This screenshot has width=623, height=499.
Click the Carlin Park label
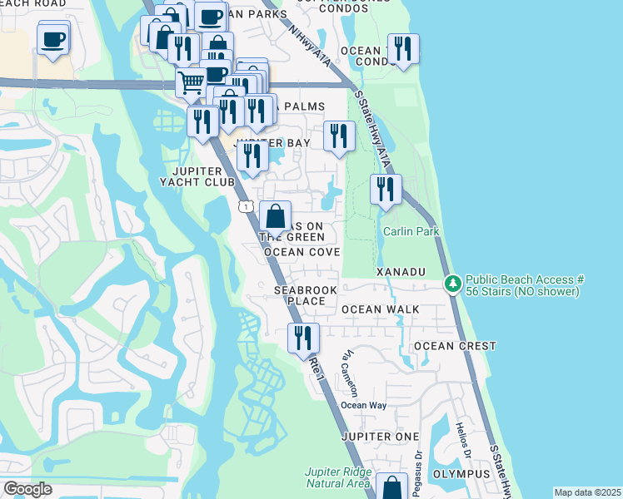[x=410, y=231]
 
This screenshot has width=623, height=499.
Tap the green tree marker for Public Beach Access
[x=452, y=284]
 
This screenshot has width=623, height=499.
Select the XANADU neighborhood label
[x=401, y=272]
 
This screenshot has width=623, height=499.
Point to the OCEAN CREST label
[x=454, y=346]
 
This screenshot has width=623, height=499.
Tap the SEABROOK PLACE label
[x=299, y=294]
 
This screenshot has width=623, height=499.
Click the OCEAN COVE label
[x=302, y=252]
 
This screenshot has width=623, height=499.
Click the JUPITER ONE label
[x=379, y=437]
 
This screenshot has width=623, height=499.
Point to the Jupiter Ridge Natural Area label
[x=337, y=477]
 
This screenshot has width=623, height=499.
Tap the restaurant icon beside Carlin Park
[x=386, y=190]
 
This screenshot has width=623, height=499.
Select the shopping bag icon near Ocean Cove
[x=276, y=216]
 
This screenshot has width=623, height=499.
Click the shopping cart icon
[x=191, y=82]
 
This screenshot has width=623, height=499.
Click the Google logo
[x=27, y=489]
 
